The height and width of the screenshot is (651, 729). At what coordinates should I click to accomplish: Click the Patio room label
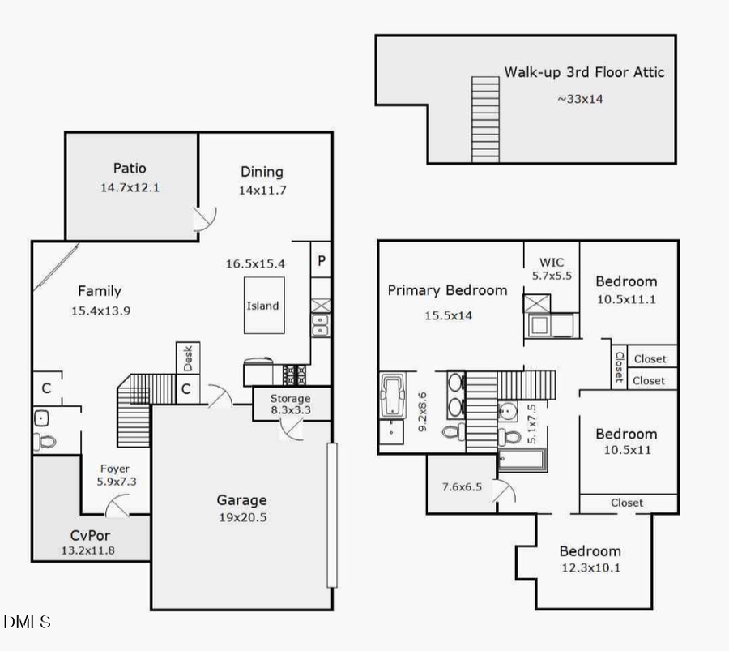pos(130,169)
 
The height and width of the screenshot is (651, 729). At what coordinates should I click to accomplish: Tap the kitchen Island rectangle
pos(263,306)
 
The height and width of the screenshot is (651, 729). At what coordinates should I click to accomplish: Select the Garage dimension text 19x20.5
pos(241,518)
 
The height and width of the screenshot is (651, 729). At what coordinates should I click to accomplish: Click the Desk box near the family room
pos(188,355)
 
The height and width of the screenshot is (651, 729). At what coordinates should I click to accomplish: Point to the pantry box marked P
pos(322,262)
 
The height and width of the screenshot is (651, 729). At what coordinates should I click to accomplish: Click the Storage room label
pos(290,399)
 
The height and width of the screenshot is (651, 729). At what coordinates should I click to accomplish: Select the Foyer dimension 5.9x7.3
pos(114,482)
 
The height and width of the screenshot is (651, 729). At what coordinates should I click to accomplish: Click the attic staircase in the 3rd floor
pos(485,119)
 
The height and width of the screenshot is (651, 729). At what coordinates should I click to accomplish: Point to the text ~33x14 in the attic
pos(579,99)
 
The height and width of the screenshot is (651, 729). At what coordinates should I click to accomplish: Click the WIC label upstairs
pos(552,262)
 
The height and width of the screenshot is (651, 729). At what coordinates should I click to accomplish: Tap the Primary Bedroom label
pos(447,290)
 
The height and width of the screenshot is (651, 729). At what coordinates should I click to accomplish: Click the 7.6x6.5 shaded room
pos(461,487)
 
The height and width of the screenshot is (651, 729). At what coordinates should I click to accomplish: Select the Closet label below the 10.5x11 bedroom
pos(627,503)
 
